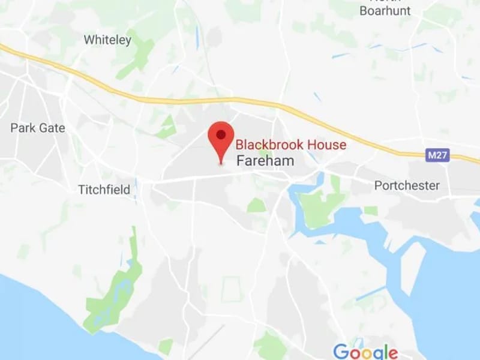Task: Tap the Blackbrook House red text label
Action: coord(290,145)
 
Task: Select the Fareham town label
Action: coord(265,161)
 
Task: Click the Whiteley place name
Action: coord(107,40)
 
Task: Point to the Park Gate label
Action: coord(38,128)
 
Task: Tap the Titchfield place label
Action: coord(104,190)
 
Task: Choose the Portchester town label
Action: coord(407,185)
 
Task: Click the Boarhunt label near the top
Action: coord(385,11)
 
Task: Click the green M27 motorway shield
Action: coord(437,155)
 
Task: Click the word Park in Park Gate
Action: coord(23,128)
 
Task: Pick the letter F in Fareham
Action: coord(241,161)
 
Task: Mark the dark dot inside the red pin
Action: coord(221,134)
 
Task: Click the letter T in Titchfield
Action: coord(82,190)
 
